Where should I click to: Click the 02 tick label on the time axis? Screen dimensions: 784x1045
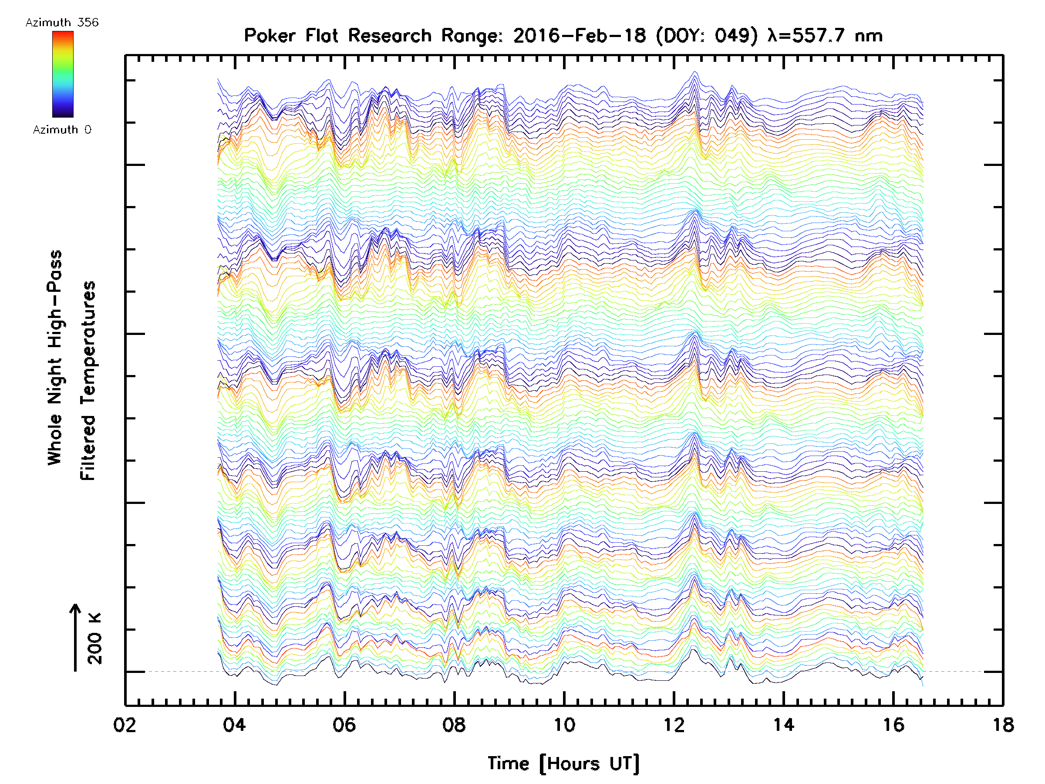pos(125,724)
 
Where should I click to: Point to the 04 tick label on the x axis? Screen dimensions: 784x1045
pos(234,724)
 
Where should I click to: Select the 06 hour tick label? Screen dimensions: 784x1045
pos(344,724)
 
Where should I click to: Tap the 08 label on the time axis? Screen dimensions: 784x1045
pos(454,724)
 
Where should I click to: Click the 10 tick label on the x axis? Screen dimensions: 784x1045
pos(564,724)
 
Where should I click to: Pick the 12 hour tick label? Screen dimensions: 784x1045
pos(674,724)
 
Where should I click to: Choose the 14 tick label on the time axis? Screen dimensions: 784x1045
pos(783,724)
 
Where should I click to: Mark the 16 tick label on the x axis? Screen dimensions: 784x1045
pos(893,724)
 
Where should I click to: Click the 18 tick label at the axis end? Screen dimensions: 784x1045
pos(1002,724)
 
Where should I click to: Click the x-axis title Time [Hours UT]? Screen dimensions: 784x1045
pos(563,764)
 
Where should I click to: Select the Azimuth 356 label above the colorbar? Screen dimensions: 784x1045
pos(62,23)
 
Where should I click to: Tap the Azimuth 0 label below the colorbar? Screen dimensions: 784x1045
pos(62,129)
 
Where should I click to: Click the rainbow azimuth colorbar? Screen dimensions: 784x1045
pos(63,74)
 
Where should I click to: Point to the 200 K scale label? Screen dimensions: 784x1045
pos(95,639)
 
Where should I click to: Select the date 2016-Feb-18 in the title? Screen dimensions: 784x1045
pos(579,36)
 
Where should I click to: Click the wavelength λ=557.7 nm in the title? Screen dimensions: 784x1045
pos(825,36)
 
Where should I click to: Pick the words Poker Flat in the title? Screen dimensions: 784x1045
pos(291,36)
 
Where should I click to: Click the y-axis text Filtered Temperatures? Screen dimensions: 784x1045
pos(88,381)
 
